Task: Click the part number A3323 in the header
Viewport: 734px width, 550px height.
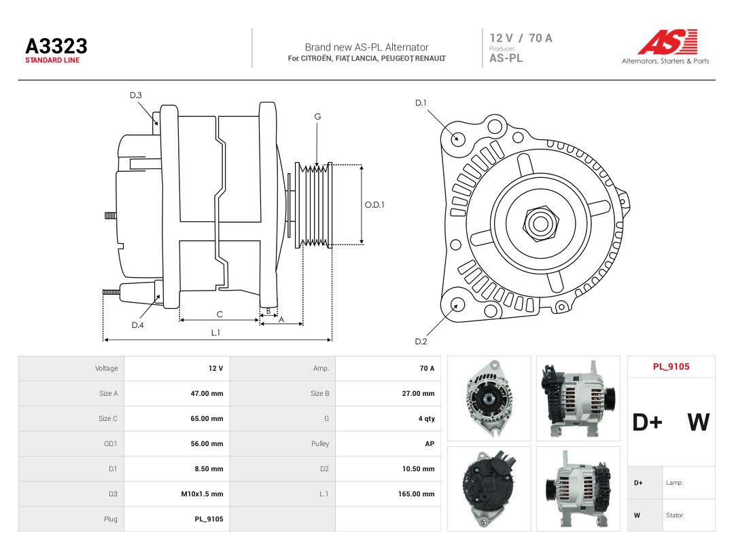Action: point(56,46)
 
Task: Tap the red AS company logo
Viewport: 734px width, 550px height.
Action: point(668,41)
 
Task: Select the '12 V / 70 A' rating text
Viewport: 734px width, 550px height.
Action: point(521,38)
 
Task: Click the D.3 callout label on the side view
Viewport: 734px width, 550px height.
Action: point(136,95)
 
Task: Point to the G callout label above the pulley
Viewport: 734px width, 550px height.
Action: point(317,117)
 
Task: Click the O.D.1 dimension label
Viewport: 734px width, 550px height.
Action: point(374,205)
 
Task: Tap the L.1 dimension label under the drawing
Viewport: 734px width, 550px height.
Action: point(215,333)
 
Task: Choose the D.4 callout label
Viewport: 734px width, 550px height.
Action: point(137,325)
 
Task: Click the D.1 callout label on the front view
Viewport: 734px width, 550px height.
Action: point(421,103)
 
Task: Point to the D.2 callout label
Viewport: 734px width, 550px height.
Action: point(421,342)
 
